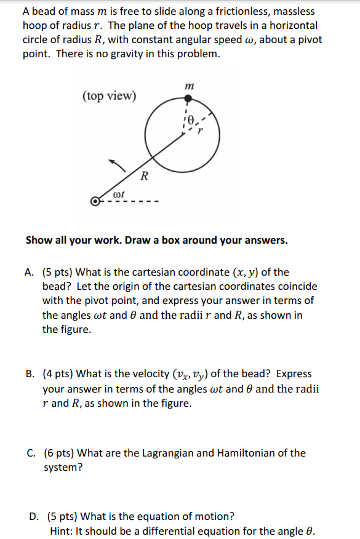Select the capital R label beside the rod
[x=144, y=177]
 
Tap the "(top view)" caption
[x=110, y=96]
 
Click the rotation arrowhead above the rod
[x=113, y=162]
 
